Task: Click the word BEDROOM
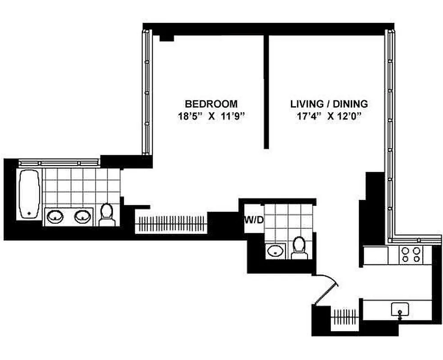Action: pos(211,104)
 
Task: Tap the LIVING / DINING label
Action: pos(329,104)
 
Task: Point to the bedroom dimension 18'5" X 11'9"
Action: pos(211,116)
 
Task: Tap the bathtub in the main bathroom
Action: pos(30,194)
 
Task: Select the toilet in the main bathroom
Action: pos(107,215)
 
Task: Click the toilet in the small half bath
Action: pos(299,248)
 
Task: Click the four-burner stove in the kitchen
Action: pos(411,255)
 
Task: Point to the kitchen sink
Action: pos(400,310)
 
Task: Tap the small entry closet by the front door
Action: pos(346,314)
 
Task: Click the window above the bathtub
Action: pos(59,162)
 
